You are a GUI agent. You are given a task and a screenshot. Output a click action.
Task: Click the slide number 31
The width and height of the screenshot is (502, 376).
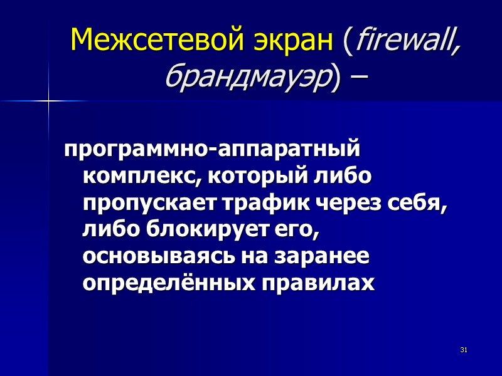click(464, 349)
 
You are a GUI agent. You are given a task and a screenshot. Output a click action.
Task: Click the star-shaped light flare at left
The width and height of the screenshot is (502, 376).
click(48, 100)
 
